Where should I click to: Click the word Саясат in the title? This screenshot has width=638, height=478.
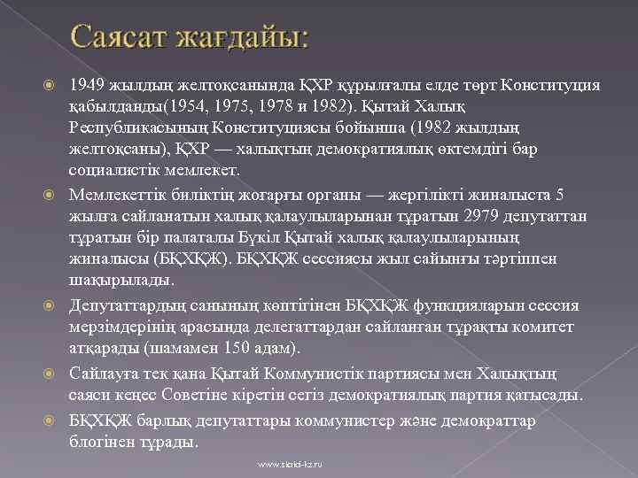(117, 39)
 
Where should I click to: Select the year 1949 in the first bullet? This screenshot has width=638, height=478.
(88, 86)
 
